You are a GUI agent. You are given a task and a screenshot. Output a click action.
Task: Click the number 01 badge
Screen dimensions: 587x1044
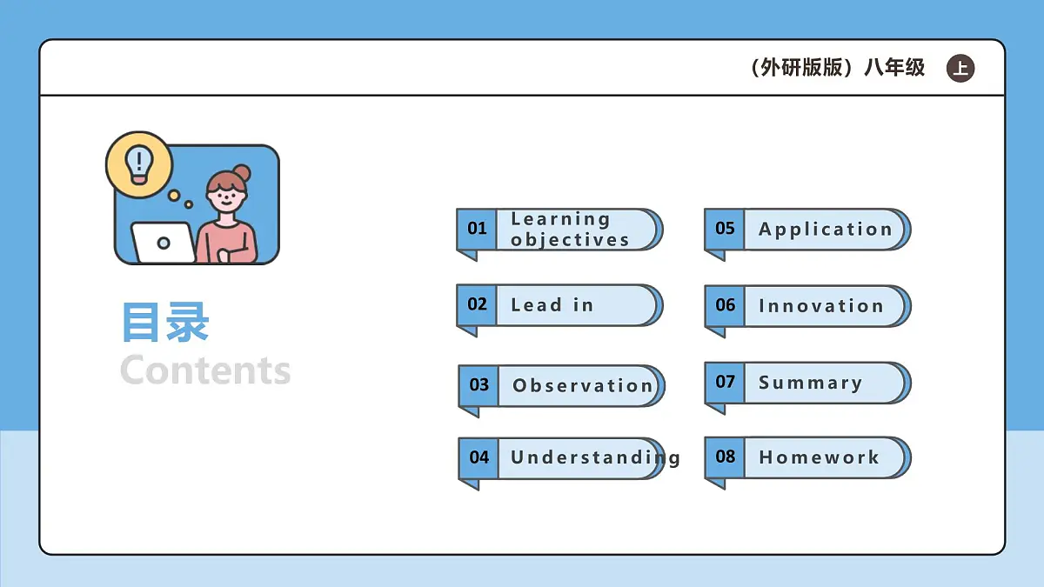click(x=477, y=229)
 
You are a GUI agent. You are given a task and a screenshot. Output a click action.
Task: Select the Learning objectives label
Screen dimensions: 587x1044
click(x=570, y=230)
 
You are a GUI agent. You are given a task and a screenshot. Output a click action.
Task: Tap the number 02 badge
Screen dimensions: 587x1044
click(x=477, y=304)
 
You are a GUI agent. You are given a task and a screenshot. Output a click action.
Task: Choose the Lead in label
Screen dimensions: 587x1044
click(x=552, y=305)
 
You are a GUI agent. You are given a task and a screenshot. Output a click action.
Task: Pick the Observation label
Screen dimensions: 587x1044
click(x=582, y=386)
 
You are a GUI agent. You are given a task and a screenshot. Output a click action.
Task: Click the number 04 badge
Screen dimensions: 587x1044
click(x=478, y=457)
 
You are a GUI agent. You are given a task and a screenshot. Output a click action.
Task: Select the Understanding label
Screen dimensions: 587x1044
click(x=595, y=457)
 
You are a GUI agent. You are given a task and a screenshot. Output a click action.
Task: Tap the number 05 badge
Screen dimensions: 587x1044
click(x=725, y=229)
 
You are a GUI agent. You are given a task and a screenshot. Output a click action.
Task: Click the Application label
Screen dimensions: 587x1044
click(x=826, y=230)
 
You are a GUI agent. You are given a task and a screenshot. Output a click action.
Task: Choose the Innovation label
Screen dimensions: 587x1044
click(x=821, y=306)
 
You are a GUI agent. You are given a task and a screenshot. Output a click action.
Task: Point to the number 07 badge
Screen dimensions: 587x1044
click(x=725, y=382)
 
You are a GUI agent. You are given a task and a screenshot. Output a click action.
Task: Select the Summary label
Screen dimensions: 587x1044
click(x=810, y=383)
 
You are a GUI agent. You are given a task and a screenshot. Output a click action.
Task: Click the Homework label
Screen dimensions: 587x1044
click(x=819, y=457)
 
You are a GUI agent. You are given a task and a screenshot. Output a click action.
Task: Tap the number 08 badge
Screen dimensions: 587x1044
click(x=725, y=457)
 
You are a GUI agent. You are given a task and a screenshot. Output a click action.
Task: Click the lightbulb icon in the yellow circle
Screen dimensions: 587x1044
click(x=138, y=163)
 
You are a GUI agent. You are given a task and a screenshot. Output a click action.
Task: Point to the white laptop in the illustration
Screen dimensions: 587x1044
click(x=163, y=243)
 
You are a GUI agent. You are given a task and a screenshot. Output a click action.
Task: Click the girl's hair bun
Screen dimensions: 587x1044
click(x=242, y=173)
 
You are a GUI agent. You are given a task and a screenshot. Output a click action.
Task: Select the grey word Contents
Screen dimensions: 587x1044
click(x=205, y=370)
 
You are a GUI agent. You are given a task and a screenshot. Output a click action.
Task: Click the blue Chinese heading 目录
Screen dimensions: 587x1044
click(x=165, y=323)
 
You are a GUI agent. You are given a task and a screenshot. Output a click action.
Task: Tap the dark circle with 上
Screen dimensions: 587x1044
click(x=960, y=69)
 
